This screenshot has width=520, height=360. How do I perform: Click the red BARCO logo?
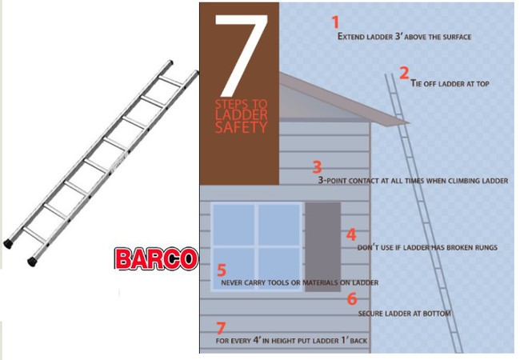156,258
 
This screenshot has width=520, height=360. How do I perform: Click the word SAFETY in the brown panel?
241,127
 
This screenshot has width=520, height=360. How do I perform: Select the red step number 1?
336,22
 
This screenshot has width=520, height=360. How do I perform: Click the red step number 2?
404,74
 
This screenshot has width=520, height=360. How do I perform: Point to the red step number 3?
317,167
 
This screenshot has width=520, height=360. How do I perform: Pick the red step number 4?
351,234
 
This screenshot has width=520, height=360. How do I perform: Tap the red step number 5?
222,270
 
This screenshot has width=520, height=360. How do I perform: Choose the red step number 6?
352,298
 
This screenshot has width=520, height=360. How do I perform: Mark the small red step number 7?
221,328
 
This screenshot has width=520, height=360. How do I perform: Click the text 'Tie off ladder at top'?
450,83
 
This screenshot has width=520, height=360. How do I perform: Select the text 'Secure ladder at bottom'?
404,314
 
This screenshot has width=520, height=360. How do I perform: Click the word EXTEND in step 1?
351,37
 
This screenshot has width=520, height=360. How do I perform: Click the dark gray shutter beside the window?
323,247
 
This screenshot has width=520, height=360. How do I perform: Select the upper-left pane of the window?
234,225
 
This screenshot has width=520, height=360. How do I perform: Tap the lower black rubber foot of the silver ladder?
33,262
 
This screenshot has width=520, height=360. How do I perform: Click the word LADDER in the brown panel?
241,114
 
